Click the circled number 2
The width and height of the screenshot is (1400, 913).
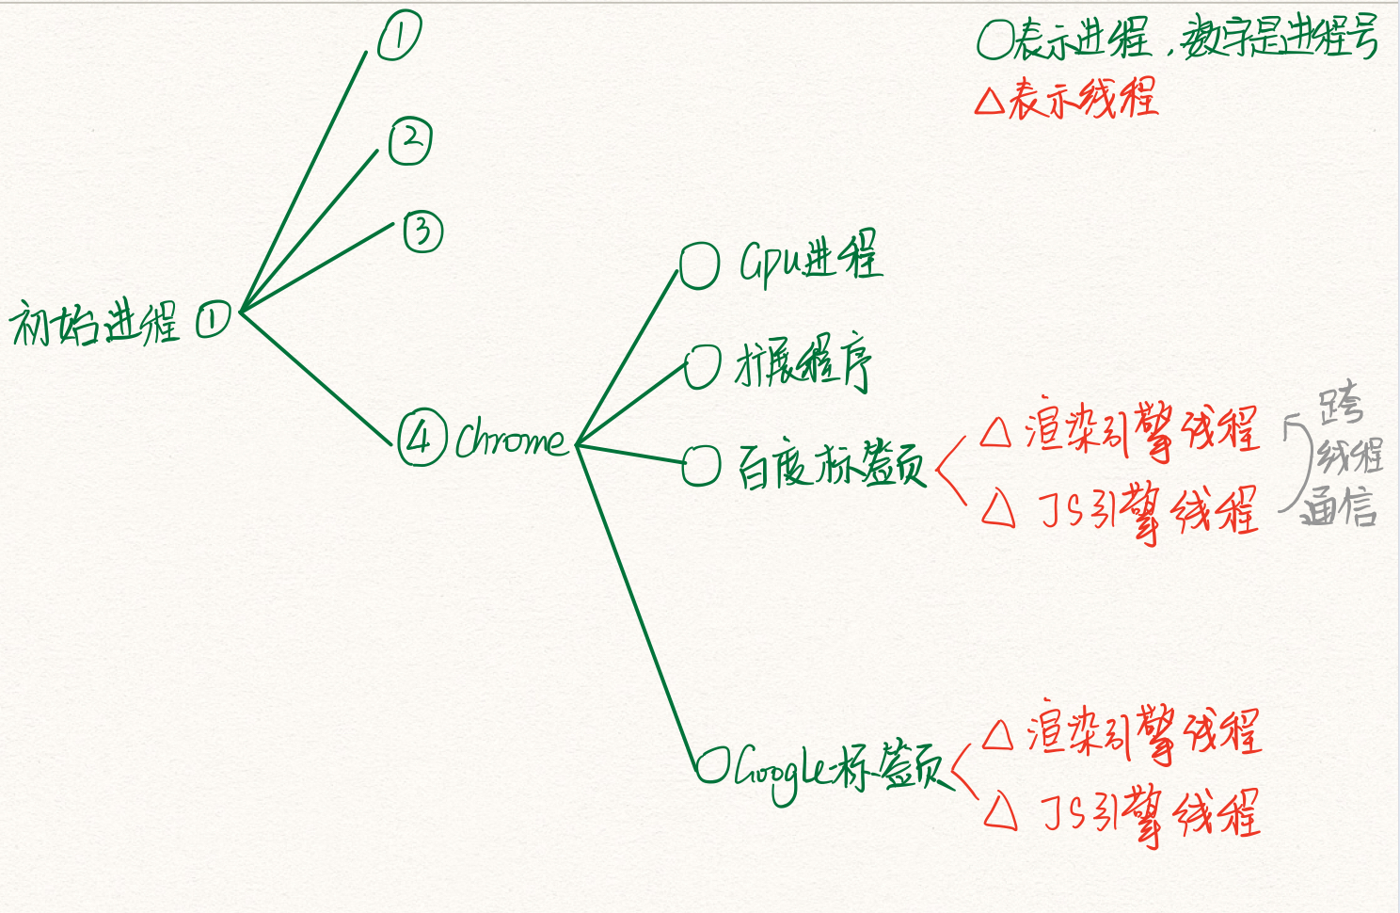pyautogui.click(x=410, y=141)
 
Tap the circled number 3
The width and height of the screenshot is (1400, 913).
pyautogui.click(x=423, y=232)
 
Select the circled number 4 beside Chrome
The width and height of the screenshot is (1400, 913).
pyautogui.click(x=421, y=438)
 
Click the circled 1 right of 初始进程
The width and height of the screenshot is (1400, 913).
pyautogui.click(x=213, y=320)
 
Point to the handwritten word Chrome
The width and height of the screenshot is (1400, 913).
pyautogui.click(x=510, y=439)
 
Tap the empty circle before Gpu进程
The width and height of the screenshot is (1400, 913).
pyautogui.click(x=699, y=266)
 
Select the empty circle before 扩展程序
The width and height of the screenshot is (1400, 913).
pyautogui.click(x=702, y=366)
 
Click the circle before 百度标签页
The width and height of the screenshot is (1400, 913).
pyautogui.click(x=701, y=465)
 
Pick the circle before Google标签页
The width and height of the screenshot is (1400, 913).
pyautogui.click(x=712, y=765)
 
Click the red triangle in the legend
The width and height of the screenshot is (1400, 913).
pyautogui.click(x=990, y=101)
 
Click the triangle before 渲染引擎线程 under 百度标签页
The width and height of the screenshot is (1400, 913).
pyautogui.click(x=995, y=433)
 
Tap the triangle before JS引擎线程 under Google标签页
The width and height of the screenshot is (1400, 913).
pyautogui.click(x=1000, y=810)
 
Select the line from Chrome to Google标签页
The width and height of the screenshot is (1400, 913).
pyautogui.click(x=635, y=602)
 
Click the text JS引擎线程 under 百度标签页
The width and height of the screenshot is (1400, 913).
pyautogui.click(x=1149, y=512)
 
